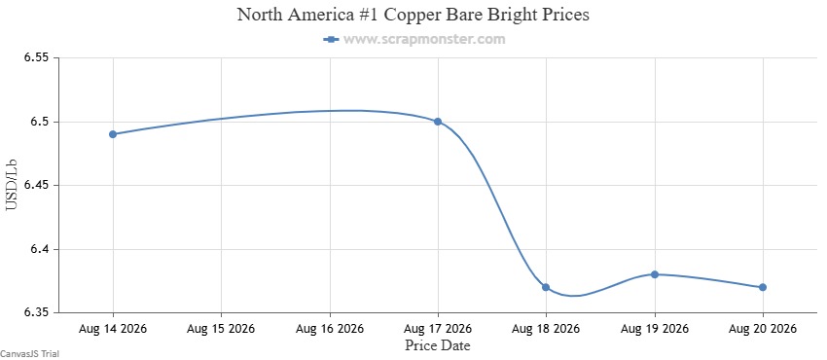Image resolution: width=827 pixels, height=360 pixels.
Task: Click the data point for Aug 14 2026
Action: tap(113, 134)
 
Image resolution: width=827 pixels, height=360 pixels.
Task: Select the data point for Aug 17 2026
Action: tap(438, 122)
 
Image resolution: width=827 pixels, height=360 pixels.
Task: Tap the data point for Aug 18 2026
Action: tap(546, 287)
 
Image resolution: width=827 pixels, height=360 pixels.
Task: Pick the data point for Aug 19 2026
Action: tap(655, 274)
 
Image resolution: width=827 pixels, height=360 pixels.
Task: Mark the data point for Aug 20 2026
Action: tap(763, 287)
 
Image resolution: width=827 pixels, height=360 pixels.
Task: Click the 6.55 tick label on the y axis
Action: tap(36, 58)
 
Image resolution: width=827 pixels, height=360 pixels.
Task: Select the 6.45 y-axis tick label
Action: tap(36, 186)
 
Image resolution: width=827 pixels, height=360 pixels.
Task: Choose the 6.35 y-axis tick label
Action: tap(36, 313)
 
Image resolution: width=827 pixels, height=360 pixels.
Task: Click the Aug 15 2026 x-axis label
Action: tap(221, 329)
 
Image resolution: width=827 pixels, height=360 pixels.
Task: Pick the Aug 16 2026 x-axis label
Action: tap(330, 329)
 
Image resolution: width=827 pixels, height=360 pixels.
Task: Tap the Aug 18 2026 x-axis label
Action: tap(546, 329)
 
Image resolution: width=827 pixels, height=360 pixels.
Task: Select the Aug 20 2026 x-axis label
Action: tap(763, 329)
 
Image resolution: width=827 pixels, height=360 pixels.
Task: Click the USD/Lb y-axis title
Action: tap(12, 185)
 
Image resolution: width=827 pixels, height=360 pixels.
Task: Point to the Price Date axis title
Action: tap(438, 345)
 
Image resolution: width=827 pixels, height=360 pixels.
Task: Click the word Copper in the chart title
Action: tap(410, 15)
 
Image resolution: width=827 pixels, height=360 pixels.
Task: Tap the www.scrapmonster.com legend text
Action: tap(424, 39)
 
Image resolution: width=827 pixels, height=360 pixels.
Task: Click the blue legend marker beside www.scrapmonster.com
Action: tap(331, 39)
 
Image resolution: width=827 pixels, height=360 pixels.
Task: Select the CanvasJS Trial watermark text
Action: tap(29, 354)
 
